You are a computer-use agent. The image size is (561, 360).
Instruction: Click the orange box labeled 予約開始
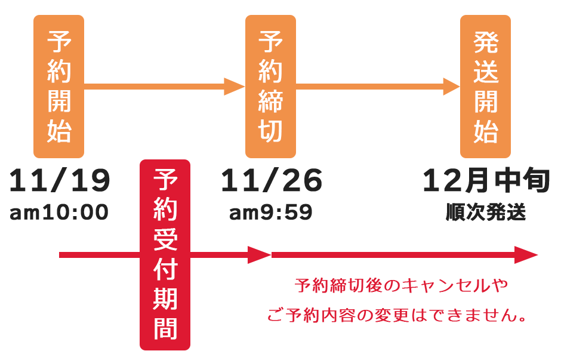pyautogui.click(x=58, y=87)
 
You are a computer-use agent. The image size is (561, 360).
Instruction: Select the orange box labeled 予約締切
pyautogui.click(x=270, y=87)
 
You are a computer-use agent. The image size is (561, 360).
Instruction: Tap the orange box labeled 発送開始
pyautogui.click(x=485, y=87)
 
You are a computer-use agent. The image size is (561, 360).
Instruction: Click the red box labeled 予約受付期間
pyautogui.click(x=165, y=255)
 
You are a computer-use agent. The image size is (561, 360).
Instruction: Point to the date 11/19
pyautogui.click(x=60, y=181)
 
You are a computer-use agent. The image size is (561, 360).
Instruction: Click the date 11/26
pyautogui.click(x=272, y=181)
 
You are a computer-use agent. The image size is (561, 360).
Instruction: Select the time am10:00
pyautogui.click(x=59, y=213)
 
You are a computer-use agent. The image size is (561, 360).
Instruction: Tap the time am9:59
pyautogui.click(x=271, y=213)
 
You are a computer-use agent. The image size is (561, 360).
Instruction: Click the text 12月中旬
pyautogui.click(x=485, y=181)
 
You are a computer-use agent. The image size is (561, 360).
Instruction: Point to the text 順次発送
pyautogui.click(x=486, y=213)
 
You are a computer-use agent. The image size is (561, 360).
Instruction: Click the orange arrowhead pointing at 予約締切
pyautogui.click(x=235, y=87)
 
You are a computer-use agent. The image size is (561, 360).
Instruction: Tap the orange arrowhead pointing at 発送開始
pyautogui.click(x=451, y=87)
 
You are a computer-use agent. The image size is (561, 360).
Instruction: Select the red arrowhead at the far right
pyautogui.click(x=526, y=256)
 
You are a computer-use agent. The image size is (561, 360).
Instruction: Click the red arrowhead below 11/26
pyautogui.click(x=260, y=256)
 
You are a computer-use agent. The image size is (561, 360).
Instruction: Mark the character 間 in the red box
pyautogui.click(x=165, y=328)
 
